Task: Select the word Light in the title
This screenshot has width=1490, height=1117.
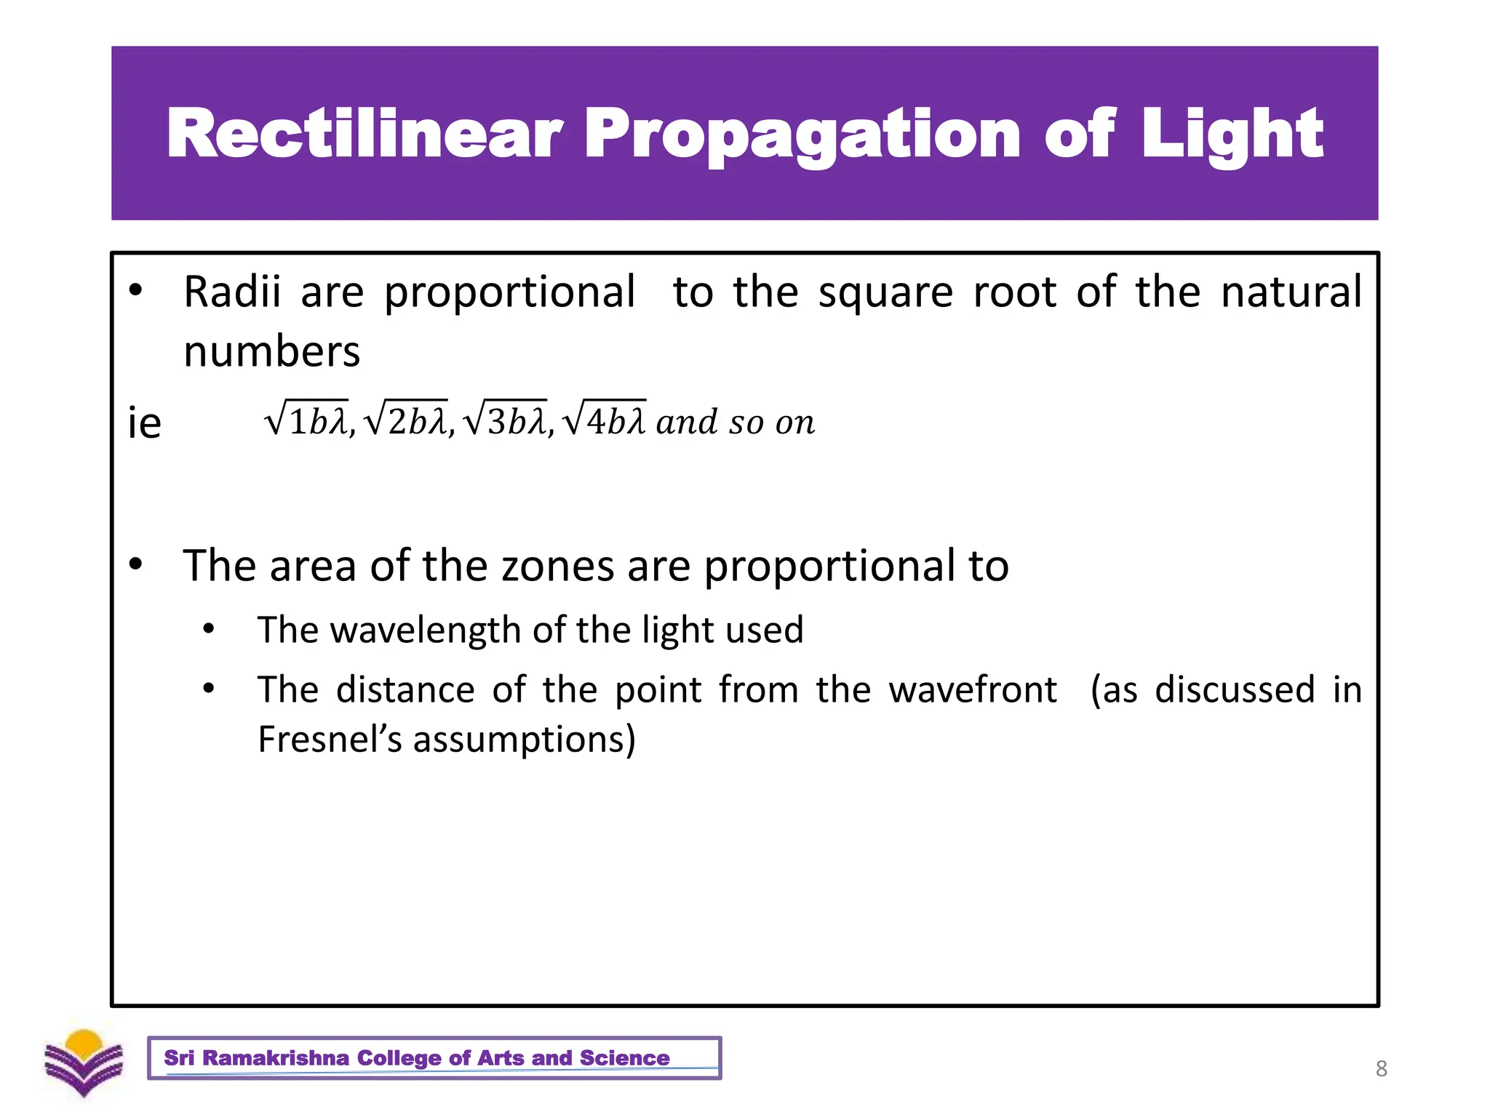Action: click(1232, 135)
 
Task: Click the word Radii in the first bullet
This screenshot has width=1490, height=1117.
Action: click(232, 292)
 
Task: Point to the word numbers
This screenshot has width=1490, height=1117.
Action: click(271, 352)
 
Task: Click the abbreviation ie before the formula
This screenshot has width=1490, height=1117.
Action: click(144, 423)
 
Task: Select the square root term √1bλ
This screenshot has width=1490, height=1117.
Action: click(306, 420)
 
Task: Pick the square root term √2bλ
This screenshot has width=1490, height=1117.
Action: click(405, 420)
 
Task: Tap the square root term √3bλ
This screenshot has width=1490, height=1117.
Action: click(504, 420)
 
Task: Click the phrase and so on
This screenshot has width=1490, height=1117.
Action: click(735, 423)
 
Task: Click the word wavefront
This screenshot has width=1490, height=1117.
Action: click(973, 689)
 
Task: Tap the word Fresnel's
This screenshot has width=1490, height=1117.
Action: click(330, 740)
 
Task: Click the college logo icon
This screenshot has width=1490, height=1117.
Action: click(84, 1062)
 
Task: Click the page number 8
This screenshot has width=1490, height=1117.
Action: click(1381, 1068)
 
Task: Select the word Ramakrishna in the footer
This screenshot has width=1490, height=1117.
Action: click(276, 1057)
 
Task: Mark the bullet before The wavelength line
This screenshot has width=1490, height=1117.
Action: click(209, 629)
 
